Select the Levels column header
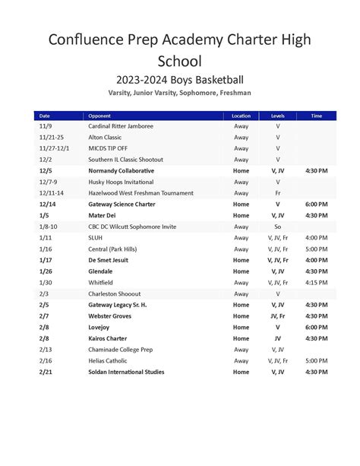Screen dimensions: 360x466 click(277, 116)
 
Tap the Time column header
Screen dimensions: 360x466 click(317, 116)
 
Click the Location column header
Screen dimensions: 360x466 click(241, 116)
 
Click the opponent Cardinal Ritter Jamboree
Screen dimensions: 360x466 click(121, 126)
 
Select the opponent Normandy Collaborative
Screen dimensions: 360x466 click(121, 171)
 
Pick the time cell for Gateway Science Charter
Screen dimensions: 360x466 click(317, 204)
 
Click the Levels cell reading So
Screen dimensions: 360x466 click(277, 227)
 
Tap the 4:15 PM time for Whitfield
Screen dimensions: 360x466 click(317, 282)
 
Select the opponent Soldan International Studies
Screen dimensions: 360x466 click(126, 372)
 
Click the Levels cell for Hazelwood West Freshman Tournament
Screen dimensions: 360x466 click(277, 193)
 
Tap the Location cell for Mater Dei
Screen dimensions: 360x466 click(241, 215)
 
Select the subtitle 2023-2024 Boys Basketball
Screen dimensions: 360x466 click(180, 80)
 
